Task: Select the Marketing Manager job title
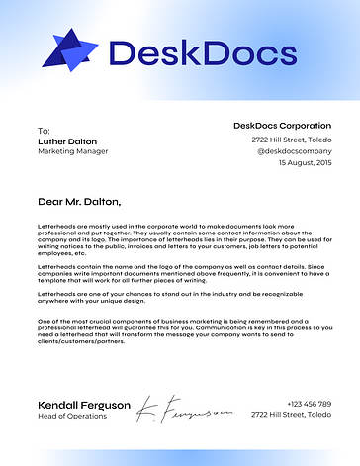coord(72,152)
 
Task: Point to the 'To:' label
coord(43,131)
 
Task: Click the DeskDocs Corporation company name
coord(282,126)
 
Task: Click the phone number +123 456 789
coord(309,404)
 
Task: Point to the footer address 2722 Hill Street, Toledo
coord(295,417)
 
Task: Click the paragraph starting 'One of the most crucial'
coord(178,331)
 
